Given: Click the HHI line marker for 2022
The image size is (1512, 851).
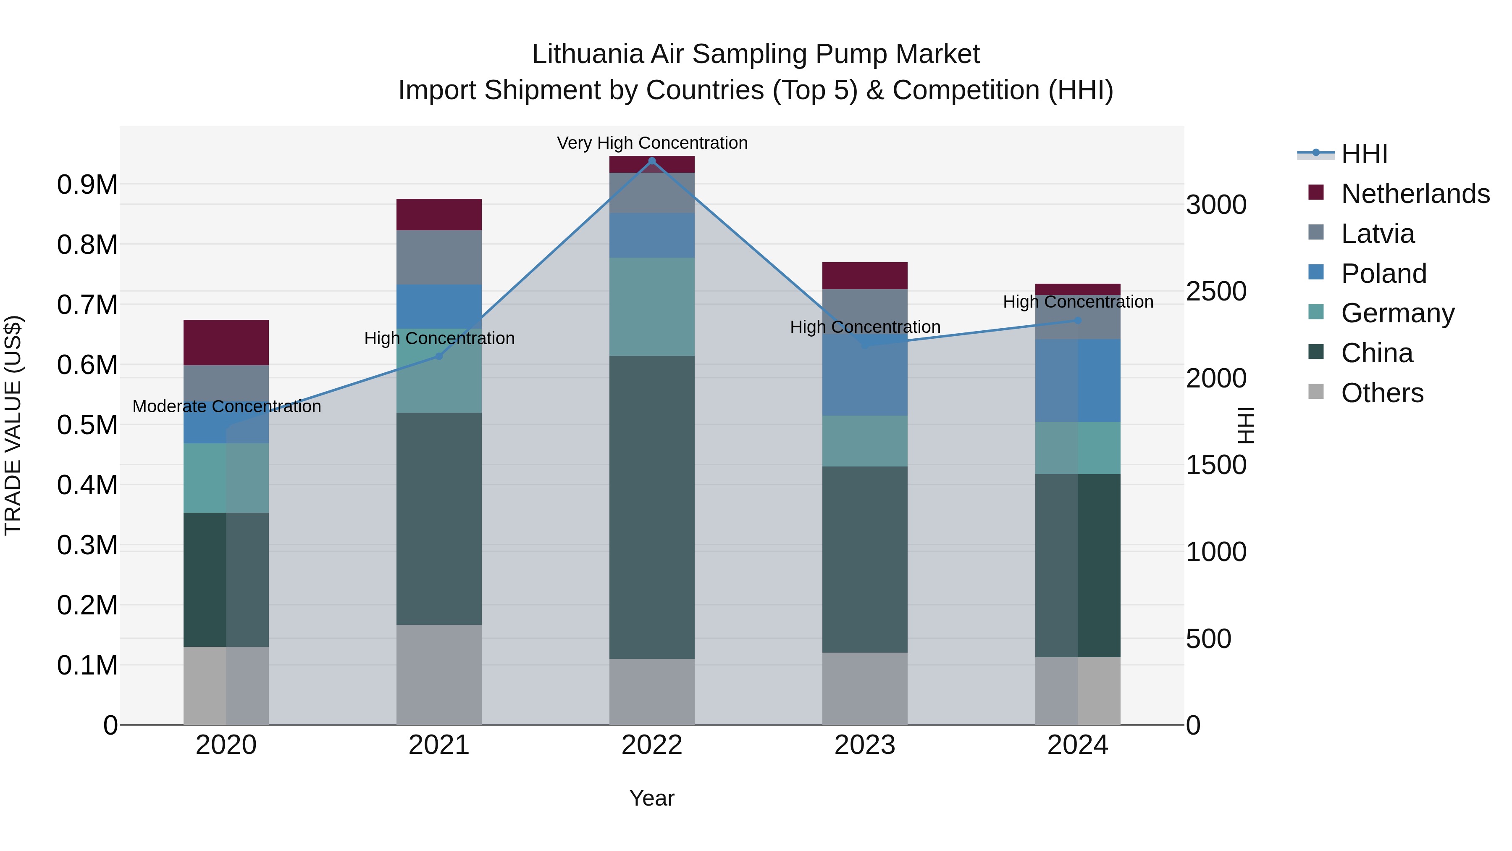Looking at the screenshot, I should [x=651, y=161].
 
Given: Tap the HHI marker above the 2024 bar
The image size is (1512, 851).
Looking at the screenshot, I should [x=1078, y=321].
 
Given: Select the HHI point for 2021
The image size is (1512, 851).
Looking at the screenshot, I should [x=439, y=356].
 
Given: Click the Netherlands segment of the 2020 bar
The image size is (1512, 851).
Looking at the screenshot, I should [x=226, y=343].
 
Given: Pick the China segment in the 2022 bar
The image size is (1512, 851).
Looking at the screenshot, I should [x=651, y=507].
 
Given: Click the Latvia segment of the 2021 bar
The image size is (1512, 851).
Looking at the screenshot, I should [x=439, y=257].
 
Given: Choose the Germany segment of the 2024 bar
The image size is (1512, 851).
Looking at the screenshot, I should [x=1078, y=448].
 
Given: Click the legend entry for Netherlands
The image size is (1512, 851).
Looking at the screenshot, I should [x=1415, y=194].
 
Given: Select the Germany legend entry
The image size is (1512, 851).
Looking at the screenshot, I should [x=1397, y=313].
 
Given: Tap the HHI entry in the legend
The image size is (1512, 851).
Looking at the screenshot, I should [x=1364, y=154].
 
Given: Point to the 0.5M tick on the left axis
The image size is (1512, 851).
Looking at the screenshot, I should [x=87, y=425].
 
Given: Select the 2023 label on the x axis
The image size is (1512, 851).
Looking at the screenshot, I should [x=865, y=745].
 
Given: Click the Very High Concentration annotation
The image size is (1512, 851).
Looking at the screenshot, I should [x=651, y=143].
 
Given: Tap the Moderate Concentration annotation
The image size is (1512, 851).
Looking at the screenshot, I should [x=226, y=406].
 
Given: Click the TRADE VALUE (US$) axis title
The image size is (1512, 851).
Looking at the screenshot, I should [x=13, y=425].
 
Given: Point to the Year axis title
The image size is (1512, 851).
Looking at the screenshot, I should [x=651, y=798].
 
